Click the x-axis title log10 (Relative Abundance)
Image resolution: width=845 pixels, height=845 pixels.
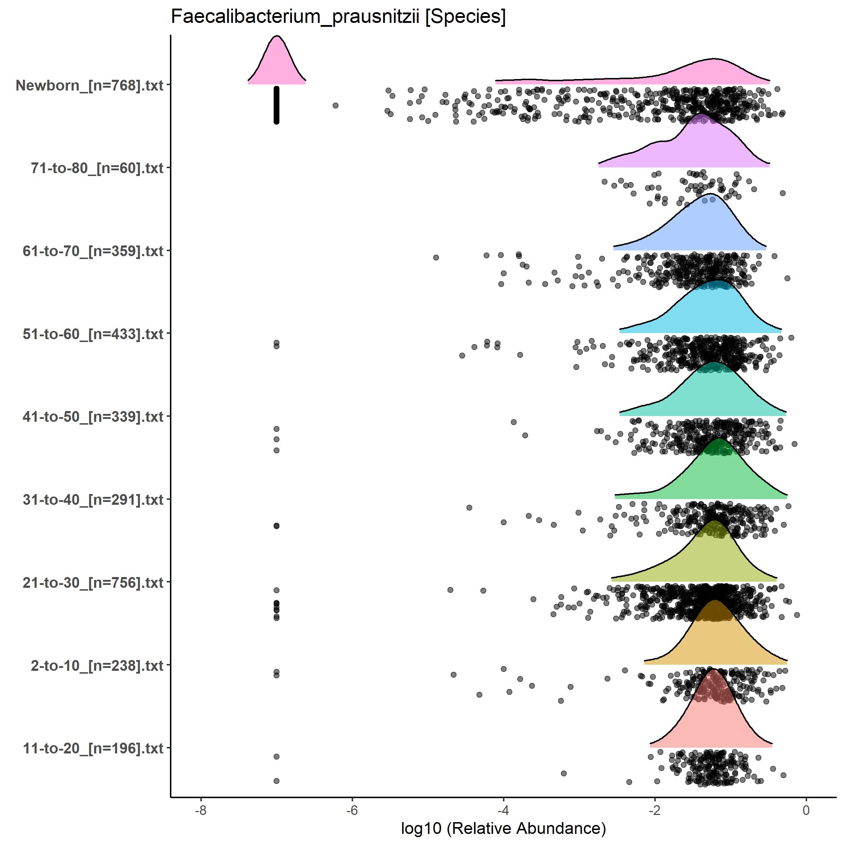click(503, 828)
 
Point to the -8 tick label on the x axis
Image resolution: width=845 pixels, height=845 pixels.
click(201, 810)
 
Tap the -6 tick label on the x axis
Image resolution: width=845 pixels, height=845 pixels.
click(352, 810)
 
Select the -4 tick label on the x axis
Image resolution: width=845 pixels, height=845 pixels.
click(503, 810)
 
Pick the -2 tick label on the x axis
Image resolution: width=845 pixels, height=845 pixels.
click(654, 810)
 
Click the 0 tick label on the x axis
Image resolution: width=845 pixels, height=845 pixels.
click(806, 810)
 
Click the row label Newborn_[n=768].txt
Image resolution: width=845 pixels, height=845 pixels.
click(90, 85)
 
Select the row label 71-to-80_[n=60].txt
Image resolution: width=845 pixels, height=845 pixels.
click(97, 168)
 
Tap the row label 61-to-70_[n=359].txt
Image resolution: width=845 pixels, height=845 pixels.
click(93, 251)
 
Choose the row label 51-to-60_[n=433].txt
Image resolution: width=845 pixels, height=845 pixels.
click(93, 334)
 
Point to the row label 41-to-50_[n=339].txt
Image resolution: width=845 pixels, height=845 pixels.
click(93, 417)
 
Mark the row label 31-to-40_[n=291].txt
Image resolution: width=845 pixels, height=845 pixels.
click(93, 499)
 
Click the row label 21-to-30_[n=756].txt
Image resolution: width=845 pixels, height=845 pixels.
click(93, 582)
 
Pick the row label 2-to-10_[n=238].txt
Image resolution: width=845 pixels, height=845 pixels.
click(97, 666)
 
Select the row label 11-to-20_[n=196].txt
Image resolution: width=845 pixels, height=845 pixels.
click(93, 748)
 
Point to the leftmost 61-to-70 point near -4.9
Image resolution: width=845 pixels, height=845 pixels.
click(436, 258)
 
